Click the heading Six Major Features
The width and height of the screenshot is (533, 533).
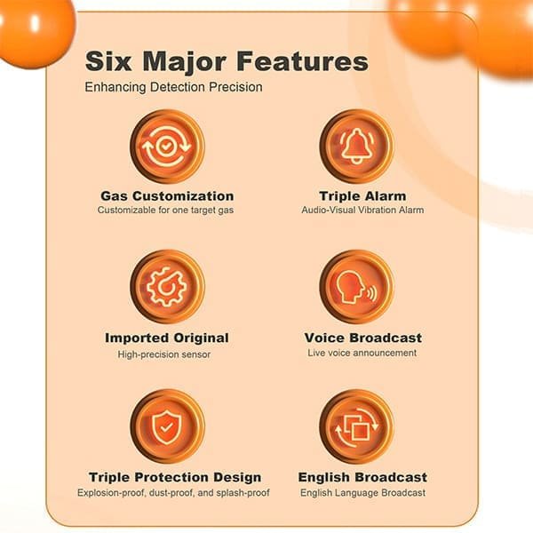tap(226, 61)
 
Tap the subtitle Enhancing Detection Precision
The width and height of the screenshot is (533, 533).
tap(173, 87)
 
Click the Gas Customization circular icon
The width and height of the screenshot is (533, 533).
tap(167, 145)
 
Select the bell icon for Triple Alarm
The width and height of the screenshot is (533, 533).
tap(356, 145)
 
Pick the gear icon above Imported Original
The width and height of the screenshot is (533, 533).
tap(167, 286)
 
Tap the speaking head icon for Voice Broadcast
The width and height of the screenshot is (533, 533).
tap(356, 286)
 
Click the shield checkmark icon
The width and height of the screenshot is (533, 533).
tap(167, 426)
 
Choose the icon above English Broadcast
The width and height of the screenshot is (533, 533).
tap(356, 426)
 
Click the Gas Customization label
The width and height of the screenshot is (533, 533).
tap(167, 195)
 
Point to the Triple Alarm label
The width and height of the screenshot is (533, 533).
tap(362, 195)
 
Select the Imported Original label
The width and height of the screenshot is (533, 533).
tap(167, 338)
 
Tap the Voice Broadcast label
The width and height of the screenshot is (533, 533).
tap(362, 338)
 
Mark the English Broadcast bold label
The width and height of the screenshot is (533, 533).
tap(362, 477)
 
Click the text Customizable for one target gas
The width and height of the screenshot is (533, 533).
tap(167, 211)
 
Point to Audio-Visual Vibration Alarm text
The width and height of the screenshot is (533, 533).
tap(362, 211)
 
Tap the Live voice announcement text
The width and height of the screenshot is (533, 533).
tap(362, 353)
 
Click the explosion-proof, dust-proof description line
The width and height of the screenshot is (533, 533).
tap(173, 492)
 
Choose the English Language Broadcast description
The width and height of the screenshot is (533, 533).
tap(362, 492)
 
